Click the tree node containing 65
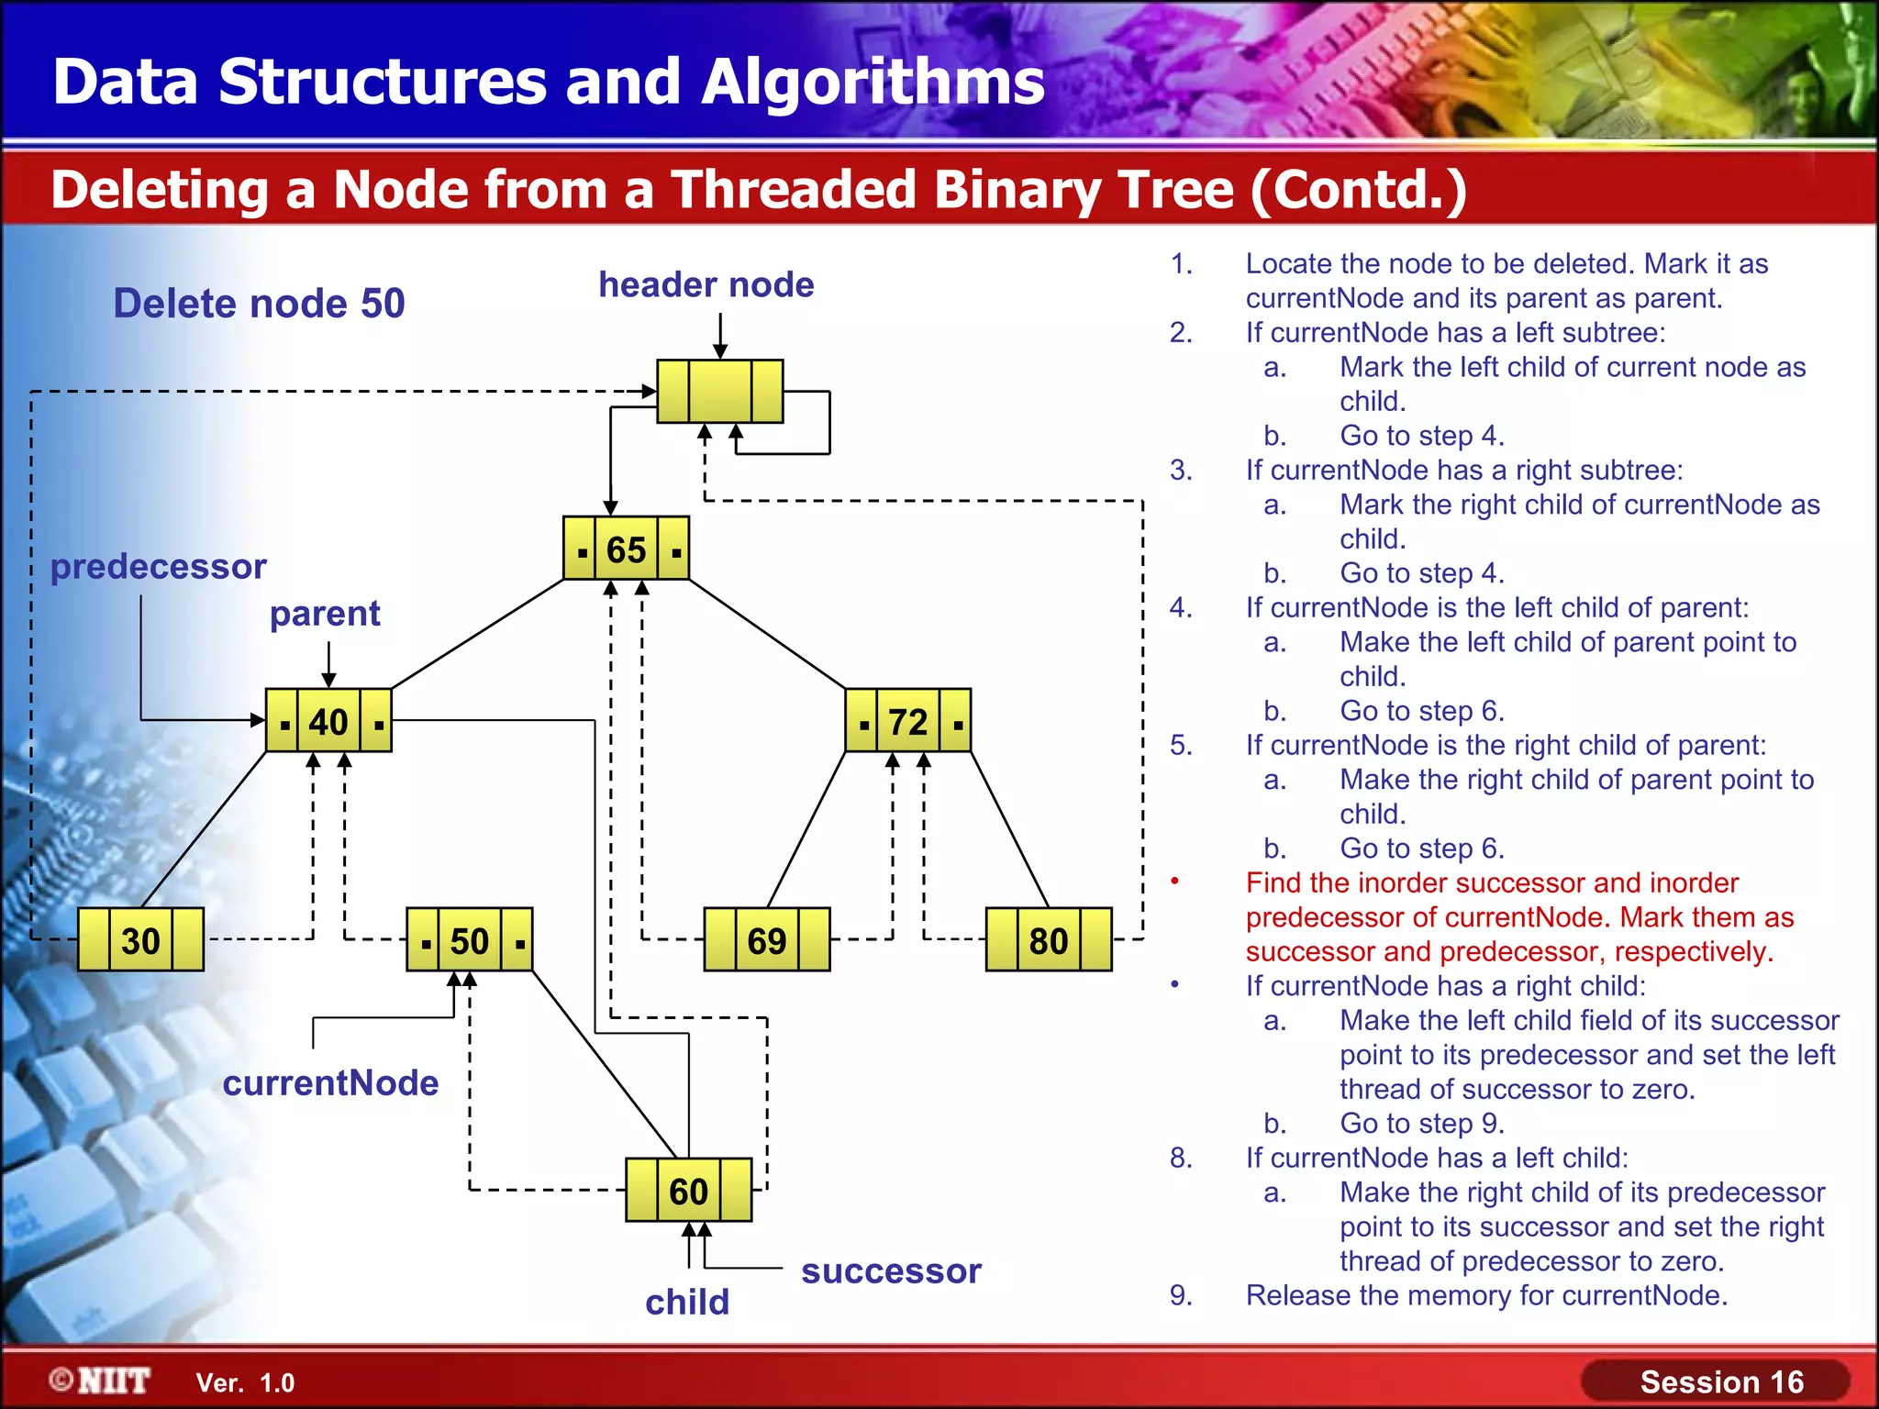coord(626,549)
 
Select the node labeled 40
coord(328,721)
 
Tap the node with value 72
coord(907,721)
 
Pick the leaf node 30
coord(140,940)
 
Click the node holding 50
coord(469,940)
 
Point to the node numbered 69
coord(766,940)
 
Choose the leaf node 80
coord(1048,940)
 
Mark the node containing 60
coord(688,1191)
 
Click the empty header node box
coord(720,392)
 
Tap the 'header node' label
coord(706,284)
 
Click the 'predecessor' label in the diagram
coord(158,566)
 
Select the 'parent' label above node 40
coord(325,613)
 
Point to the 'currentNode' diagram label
coord(330,1082)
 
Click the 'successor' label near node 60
coord(891,1270)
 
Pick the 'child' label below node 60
coord(687,1302)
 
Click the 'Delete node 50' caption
coord(259,303)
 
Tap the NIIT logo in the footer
coord(101,1381)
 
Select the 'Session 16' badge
coord(1721,1381)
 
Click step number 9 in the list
coord(1181,1295)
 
